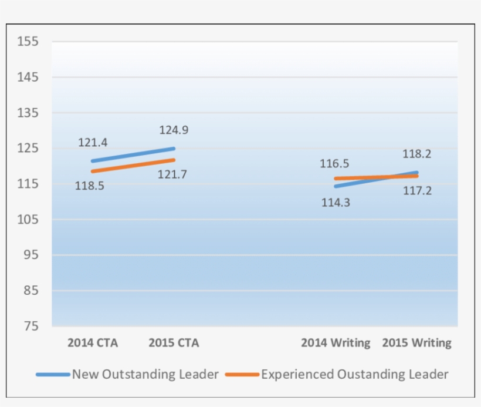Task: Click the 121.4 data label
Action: [93, 143]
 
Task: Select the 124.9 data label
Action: [174, 130]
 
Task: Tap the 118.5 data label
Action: [90, 186]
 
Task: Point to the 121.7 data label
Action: [172, 174]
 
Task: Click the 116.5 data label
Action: [334, 164]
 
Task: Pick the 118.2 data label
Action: [417, 154]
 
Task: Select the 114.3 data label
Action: [336, 203]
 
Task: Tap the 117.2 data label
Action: [417, 190]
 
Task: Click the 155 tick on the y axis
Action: [28, 42]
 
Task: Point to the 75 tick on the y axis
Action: [31, 327]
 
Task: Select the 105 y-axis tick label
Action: [28, 220]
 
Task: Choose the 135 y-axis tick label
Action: [28, 113]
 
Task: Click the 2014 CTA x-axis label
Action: [93, 343]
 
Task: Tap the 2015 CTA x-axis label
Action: [174, 343]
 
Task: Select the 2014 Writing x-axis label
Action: [336, 343]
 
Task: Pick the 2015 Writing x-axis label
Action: [417, 343]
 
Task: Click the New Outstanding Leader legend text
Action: [145, 374]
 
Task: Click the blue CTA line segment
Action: [133, 154]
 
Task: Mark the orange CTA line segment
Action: [133, 165]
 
